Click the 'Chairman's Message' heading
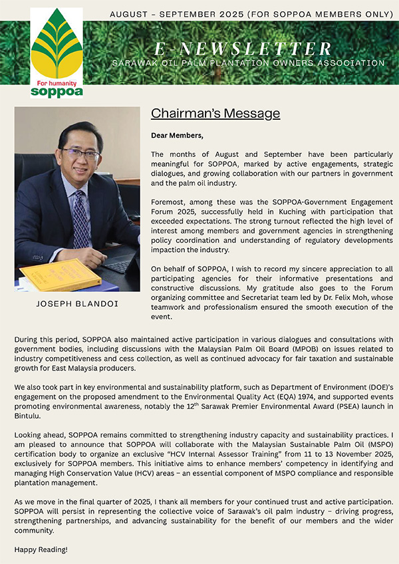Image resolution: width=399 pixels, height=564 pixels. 215,114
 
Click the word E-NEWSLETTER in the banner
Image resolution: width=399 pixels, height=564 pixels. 243,48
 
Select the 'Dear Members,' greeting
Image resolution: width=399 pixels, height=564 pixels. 178,136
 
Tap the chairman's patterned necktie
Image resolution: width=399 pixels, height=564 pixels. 80,219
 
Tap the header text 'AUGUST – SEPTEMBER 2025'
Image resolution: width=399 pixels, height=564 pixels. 172,14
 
